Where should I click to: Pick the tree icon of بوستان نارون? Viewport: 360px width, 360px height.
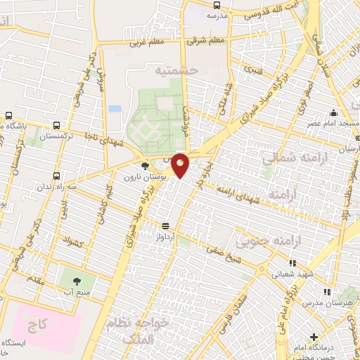click(x=145, y=167)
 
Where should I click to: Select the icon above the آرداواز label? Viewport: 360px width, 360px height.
click(x=165, y=226)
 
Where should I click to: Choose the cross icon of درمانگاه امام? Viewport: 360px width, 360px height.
click(x=314, y=337)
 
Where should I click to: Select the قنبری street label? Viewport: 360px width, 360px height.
click(x=251, y=70)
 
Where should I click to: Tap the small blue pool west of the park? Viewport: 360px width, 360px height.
click(x=115, y=109)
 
